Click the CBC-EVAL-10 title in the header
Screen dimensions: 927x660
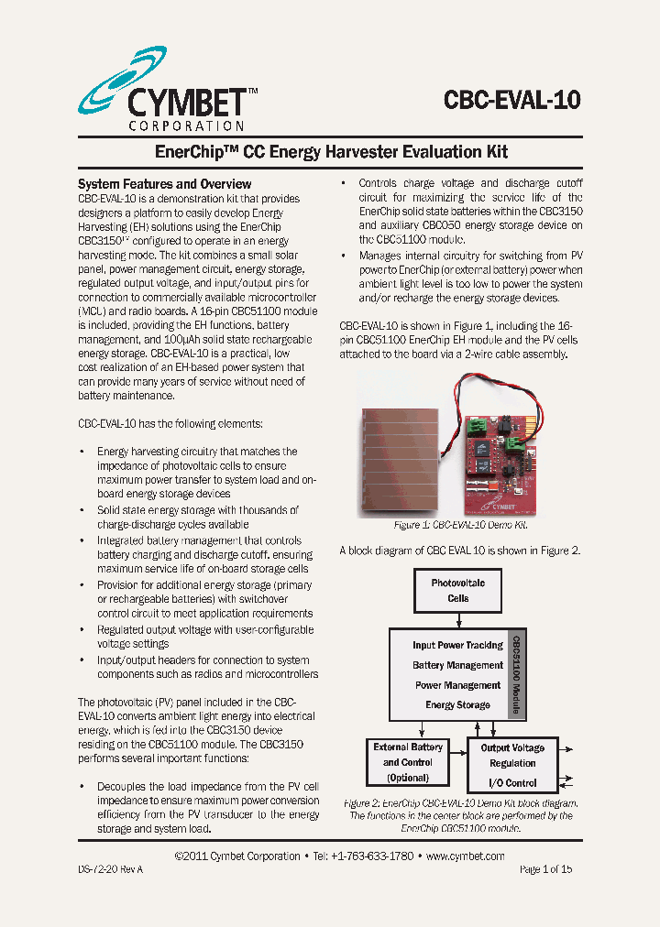point(511,99)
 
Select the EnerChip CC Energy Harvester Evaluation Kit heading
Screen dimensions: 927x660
point(329,151)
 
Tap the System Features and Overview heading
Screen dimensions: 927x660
point(164,184)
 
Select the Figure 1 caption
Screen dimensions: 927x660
point(460,526)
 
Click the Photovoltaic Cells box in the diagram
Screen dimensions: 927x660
point(457,591)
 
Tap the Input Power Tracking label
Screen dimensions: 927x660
point(457,645)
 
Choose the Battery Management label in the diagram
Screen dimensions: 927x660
point(457,665)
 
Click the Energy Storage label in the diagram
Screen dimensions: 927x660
point(457,705)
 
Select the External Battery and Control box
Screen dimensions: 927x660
point(408,762)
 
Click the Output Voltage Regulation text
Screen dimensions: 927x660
point(512,756)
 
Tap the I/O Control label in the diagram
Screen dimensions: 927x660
point(512,783)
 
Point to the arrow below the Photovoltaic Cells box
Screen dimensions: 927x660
point(457,620)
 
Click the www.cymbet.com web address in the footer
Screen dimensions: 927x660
point(466,856)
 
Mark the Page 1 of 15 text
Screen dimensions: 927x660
point(545,869)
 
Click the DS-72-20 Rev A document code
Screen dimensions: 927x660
point(110,869)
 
